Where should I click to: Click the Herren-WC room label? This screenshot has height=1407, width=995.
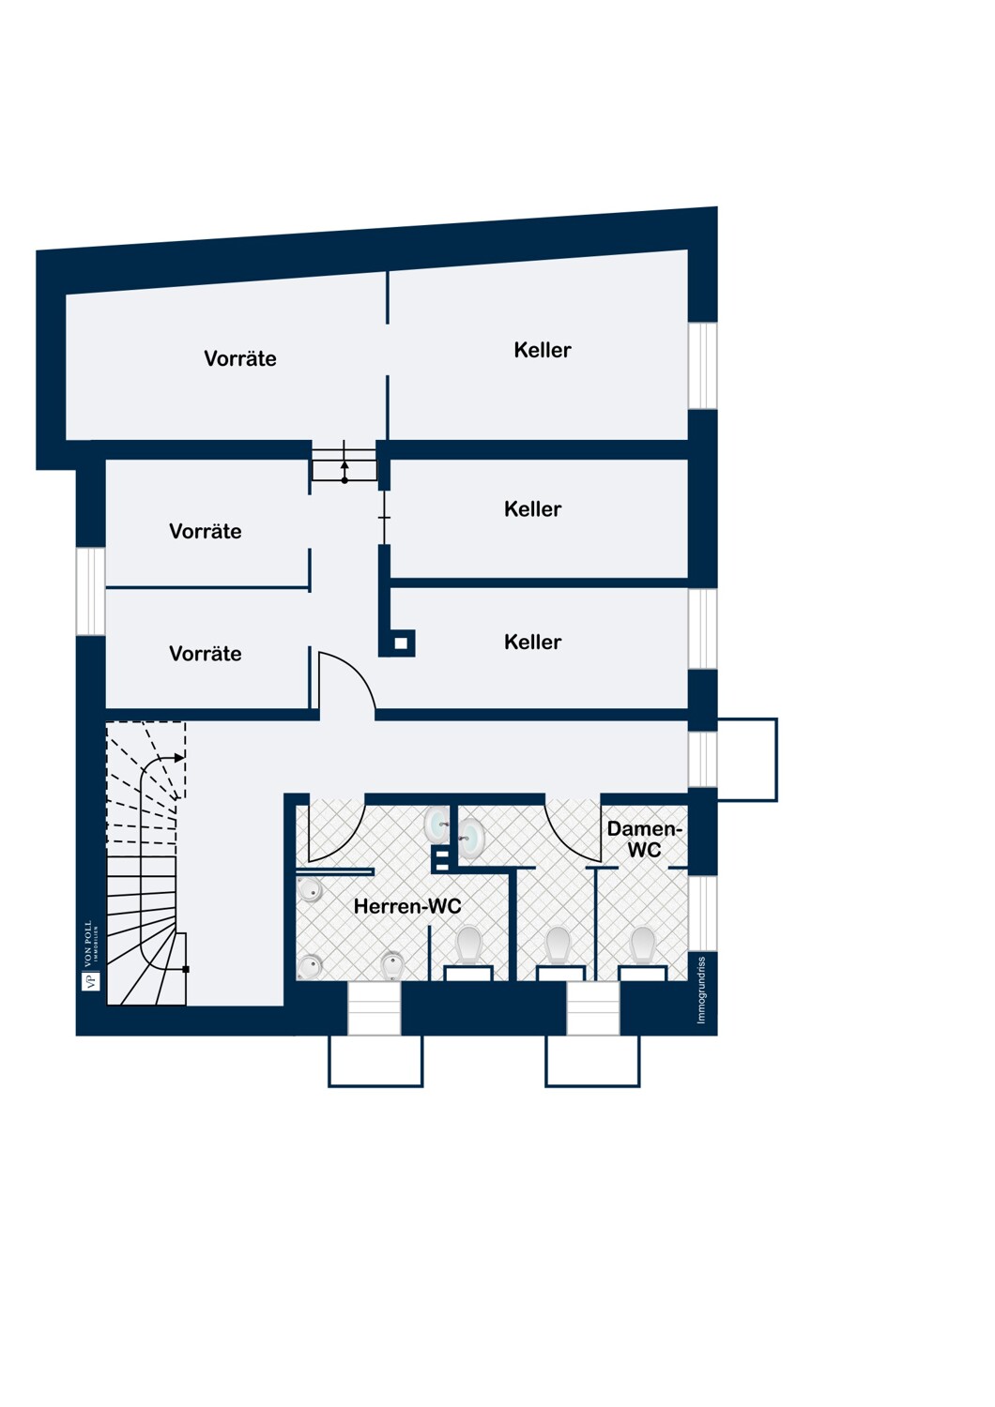tap(407, 906)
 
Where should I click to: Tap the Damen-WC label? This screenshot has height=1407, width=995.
tap(644, 840)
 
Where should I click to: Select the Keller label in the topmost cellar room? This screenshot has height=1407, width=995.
tap(543, 350)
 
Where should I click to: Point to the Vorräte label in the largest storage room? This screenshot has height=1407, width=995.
tap(240, 358)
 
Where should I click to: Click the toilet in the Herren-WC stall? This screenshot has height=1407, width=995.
tap(468, 946)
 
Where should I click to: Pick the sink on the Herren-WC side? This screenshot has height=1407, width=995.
tap(436, 825)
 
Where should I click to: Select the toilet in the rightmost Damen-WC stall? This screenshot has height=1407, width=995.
tap(642, 946)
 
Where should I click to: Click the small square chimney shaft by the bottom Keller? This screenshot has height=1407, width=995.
tap(401, 643)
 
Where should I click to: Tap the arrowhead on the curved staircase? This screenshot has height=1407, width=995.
tap(180, 758)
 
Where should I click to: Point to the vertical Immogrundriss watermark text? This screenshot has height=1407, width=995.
tap(701, 990)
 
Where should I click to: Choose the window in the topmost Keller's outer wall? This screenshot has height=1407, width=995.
tap(703, 366)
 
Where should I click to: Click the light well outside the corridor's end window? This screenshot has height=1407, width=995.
tap(747, 760)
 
